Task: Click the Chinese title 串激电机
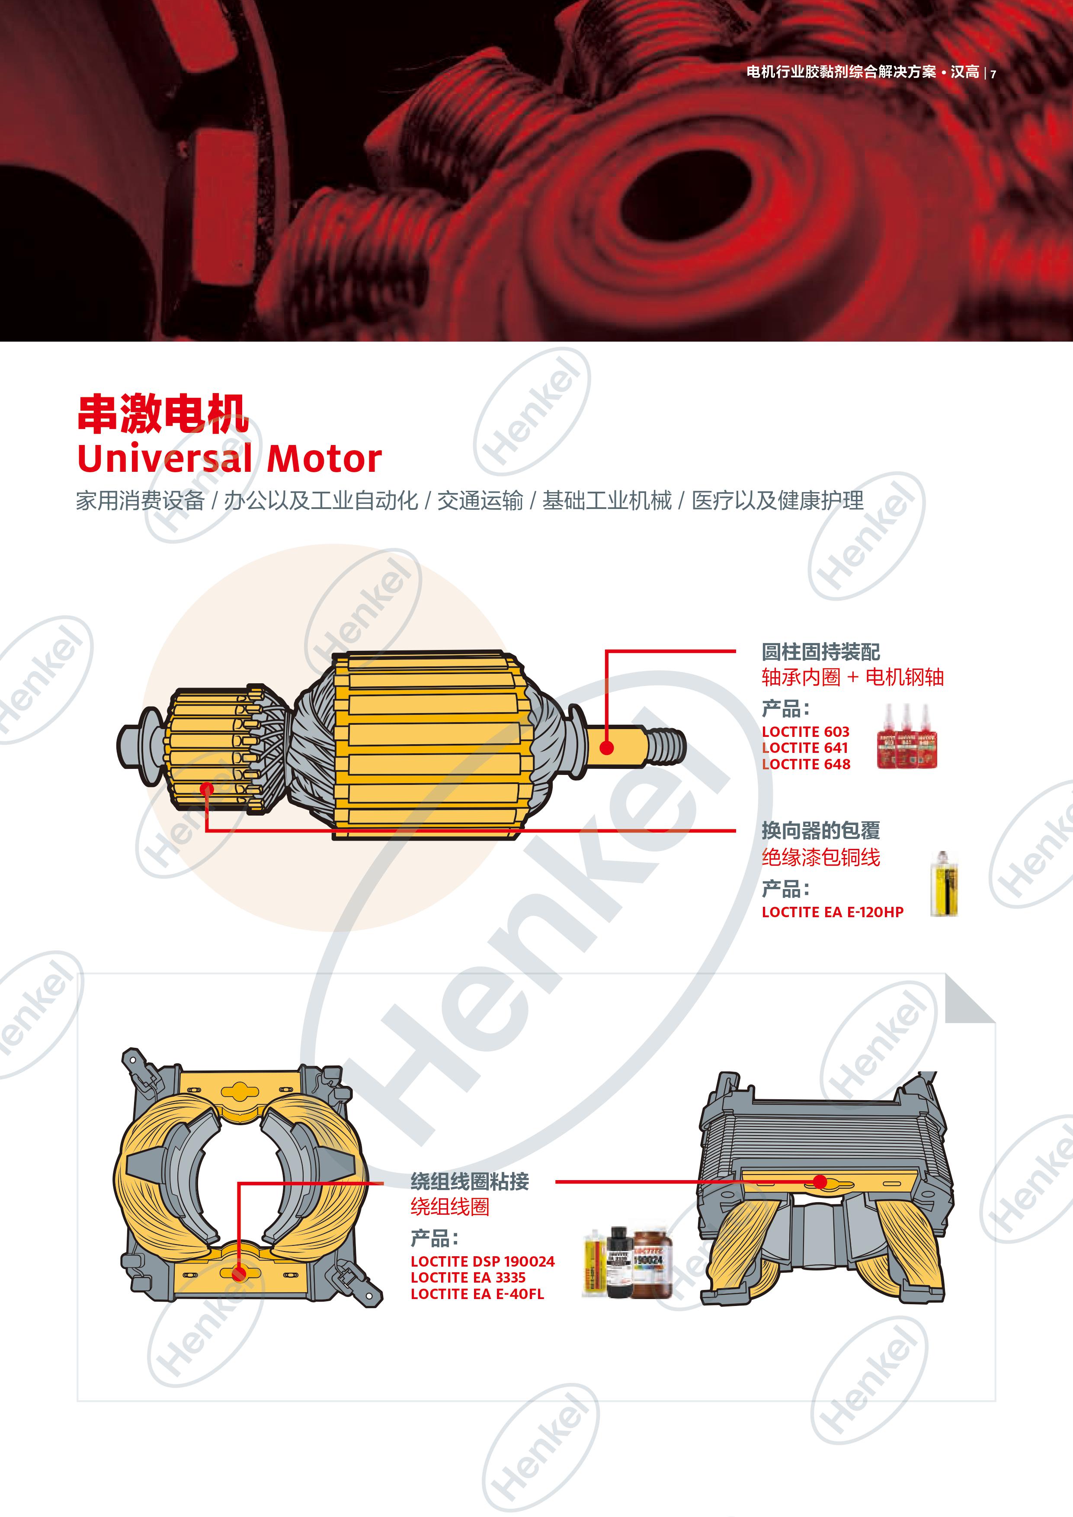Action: tap(163, 414)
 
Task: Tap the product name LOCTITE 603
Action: tap(805, 731)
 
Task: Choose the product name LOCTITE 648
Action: tap(806, 764)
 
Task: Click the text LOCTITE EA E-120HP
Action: tap(833, 912)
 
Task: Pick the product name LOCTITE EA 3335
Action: tap(468, 1277)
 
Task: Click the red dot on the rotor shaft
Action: tap(606, 747)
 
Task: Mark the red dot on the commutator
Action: tap(207, 789)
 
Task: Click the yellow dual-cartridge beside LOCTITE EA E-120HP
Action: tap(944, 883)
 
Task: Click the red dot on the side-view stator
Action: tap(820, 1181)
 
